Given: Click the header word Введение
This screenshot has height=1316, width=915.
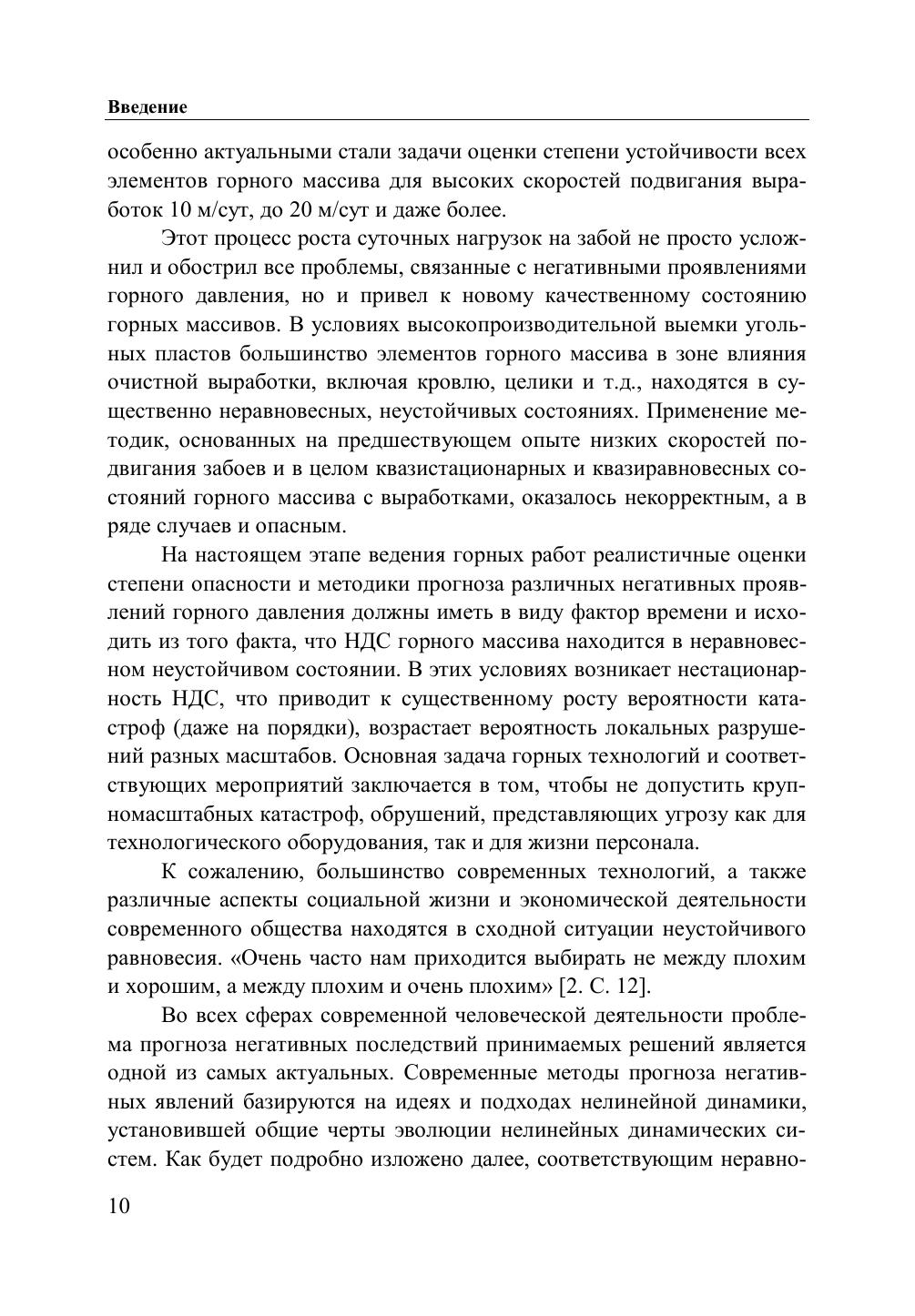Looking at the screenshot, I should pos(147,106).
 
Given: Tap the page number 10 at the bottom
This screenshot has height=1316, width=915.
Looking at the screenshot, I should pos(118,1206).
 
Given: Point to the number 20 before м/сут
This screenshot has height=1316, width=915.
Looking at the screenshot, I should pos(300,210).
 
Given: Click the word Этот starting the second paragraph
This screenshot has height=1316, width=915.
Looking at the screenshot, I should pos(188,239).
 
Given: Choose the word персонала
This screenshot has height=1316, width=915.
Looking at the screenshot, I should pos(654,843).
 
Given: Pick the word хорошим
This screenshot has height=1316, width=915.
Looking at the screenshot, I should pos(170,987).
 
